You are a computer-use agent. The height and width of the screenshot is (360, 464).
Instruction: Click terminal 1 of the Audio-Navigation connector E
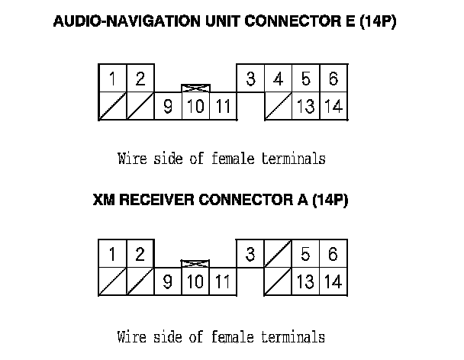pos(112,79)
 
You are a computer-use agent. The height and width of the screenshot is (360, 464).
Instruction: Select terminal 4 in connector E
pos(279,79)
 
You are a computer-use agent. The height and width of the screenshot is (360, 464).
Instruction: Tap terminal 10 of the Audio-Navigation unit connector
pos(195,107)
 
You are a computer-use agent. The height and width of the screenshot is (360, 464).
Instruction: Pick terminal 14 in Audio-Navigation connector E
pos(333,107)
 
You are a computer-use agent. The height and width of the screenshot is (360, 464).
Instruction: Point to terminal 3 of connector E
pos(250,79)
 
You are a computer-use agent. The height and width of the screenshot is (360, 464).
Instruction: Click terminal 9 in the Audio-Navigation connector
pos(168,107)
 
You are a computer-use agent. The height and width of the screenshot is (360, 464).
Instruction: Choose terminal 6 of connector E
pos(333,79)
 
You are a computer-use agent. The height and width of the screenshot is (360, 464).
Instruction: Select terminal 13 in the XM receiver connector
pos(305,281)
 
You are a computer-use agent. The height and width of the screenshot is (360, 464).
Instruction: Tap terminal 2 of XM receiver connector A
pos(140,254)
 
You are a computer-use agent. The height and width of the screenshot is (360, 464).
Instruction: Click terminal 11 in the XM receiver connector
pos(222,281)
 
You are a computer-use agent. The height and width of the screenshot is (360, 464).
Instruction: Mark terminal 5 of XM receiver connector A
pos(305,254)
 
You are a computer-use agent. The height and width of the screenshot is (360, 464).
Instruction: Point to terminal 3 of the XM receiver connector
pos(250,254)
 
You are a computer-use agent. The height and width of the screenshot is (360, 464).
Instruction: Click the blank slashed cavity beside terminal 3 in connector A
pos(279,254)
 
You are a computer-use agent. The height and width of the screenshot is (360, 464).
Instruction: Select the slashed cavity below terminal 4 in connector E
pos(279,107)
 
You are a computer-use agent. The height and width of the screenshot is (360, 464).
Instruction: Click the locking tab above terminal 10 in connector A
pos(195,264)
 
